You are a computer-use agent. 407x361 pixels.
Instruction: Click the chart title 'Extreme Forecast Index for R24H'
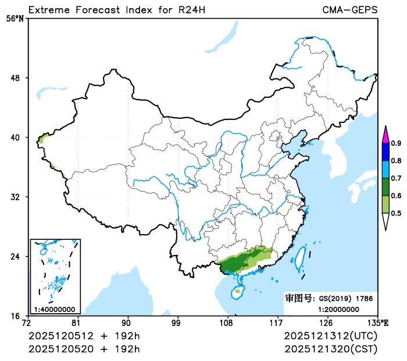pos(116,10)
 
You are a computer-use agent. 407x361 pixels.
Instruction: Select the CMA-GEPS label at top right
pos(349,10)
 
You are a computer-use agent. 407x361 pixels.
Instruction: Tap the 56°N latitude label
pos(15,18)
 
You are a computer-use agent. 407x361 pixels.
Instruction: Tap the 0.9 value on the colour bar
pos(395,143)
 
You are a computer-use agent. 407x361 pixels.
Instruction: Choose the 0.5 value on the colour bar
pos(395,213)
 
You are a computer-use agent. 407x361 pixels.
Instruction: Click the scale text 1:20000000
pos(338,309)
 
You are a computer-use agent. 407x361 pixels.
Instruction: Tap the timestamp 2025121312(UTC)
pos(330,337)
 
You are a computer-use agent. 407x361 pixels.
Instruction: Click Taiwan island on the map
pos(301,259)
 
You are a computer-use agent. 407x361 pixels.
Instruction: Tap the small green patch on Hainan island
pos(238,291)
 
